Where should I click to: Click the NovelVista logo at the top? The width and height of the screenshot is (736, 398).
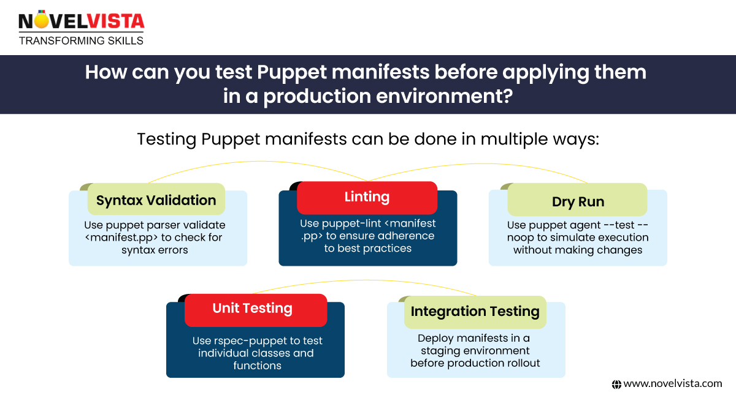coord(82,23)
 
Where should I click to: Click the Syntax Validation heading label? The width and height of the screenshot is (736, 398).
coord(156,200)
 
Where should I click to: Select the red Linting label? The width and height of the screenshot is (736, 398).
coord(367,197)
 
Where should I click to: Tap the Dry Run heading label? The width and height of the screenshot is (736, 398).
coord(578,202)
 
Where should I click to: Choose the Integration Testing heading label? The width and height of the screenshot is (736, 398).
coord(475,311)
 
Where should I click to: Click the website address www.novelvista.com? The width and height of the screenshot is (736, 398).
coord(673,384)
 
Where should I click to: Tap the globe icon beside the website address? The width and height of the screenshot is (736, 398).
coord(617,385)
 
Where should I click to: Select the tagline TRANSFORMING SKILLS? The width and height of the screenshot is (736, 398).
coord(81,41)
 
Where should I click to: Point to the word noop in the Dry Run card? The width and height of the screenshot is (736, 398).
coord(523,238)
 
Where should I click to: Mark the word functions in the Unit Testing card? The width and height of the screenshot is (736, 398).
coord(257,366)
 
